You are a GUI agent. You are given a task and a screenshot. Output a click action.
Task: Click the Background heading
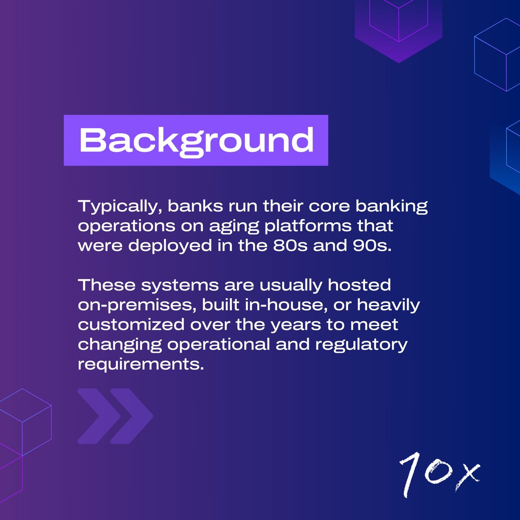(x=196, y=140)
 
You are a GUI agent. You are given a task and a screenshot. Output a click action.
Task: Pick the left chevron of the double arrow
(x=98, y=416)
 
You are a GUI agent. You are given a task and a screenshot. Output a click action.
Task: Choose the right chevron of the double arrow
(x=131, y=416)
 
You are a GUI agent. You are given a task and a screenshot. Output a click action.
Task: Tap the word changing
(x=120, y=345)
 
